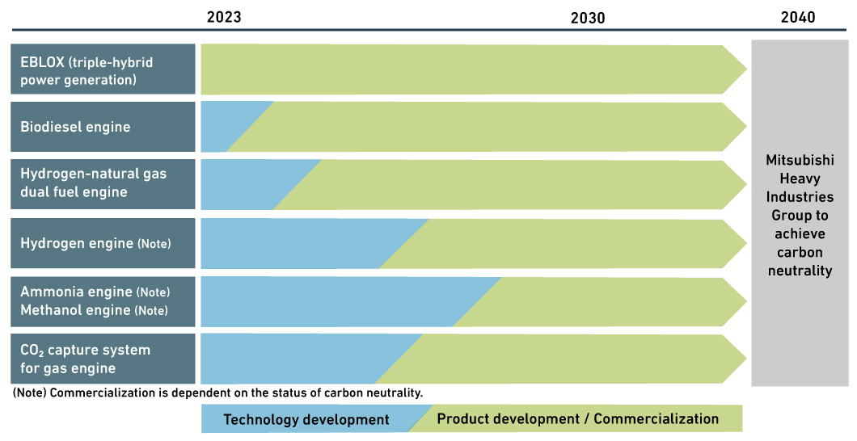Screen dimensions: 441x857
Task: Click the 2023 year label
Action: point(223,17)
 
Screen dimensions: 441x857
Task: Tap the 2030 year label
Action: point(587,17)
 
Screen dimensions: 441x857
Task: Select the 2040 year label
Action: point(798,17)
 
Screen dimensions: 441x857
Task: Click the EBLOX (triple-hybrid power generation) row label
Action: point(103,70)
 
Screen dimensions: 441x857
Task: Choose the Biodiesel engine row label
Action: point(103,127)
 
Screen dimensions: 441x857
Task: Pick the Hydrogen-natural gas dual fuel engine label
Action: point(103,184)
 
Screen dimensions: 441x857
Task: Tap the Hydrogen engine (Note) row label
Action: point(103,243)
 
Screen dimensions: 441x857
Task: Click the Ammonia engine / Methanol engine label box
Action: point(103,301)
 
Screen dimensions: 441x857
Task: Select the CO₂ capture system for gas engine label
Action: point(103,359)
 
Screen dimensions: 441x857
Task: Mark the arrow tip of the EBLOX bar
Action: point(734,70)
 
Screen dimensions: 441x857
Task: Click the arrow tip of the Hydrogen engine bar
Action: point(734,243)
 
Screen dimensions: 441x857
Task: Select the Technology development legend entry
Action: point(306,419)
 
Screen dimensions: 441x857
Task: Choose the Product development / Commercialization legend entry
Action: point(577,418)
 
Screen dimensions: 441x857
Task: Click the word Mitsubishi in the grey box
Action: point(799,160)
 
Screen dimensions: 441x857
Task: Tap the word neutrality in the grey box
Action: point(799,271)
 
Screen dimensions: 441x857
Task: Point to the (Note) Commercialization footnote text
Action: point(217,393)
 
